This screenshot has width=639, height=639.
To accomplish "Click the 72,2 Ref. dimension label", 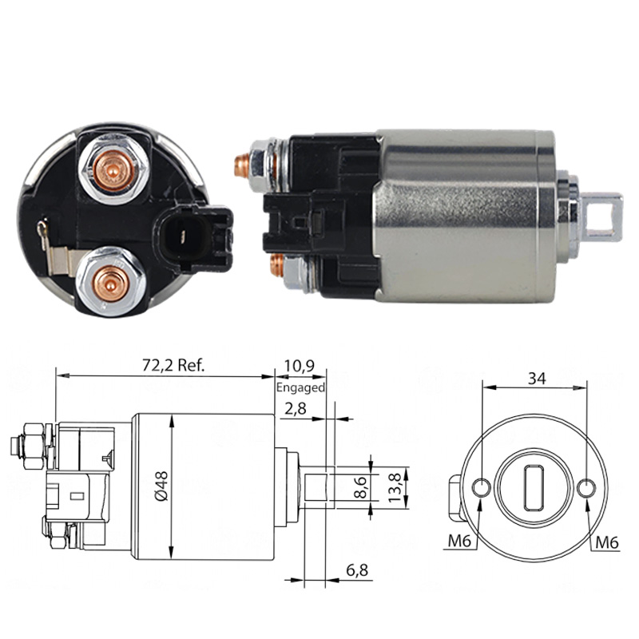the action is pos(173,365).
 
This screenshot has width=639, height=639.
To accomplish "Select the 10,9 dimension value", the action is pos(300,366).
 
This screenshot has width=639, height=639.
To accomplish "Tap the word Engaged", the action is pos(300,387).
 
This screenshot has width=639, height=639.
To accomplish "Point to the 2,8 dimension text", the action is pos(295,408).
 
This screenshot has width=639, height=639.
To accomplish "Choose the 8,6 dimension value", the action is pos(361,486).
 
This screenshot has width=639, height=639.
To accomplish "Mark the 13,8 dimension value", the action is pos(394,487).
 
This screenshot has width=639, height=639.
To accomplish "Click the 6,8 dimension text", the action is pos(357,570).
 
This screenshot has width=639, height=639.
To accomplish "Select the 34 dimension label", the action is pos(536,379).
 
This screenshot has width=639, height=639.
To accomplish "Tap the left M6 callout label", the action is pos(459,541).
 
